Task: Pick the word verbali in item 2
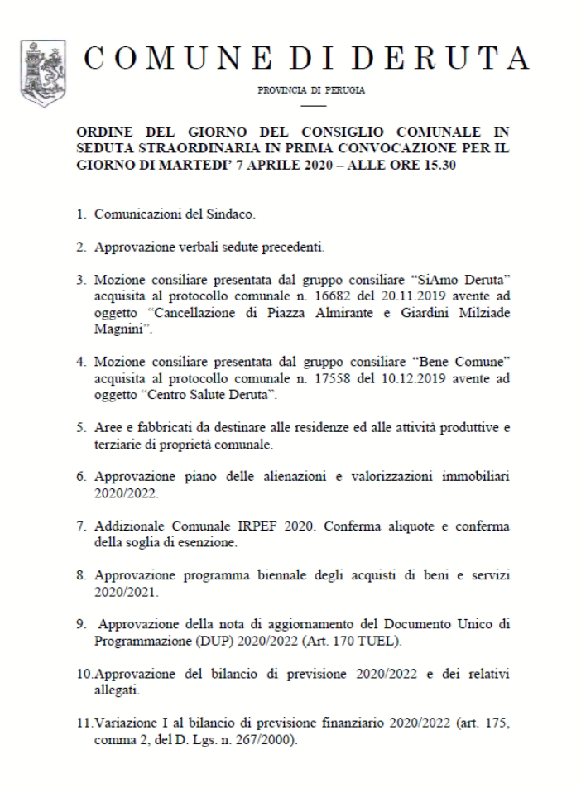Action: (x=199, y=247)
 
